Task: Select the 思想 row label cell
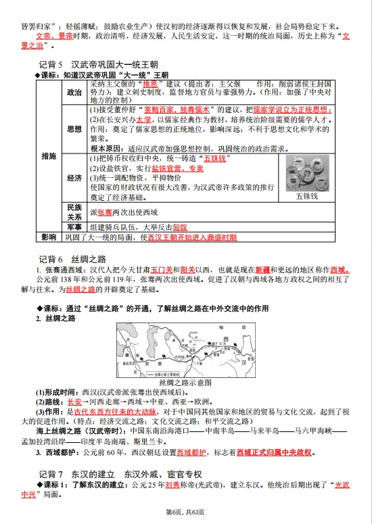tap(74, 128)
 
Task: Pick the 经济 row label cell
tap(74, 178)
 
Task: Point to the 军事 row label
tap(74, 227)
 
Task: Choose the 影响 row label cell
tap(49, 237)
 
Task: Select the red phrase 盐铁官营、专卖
tap(177, 168)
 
